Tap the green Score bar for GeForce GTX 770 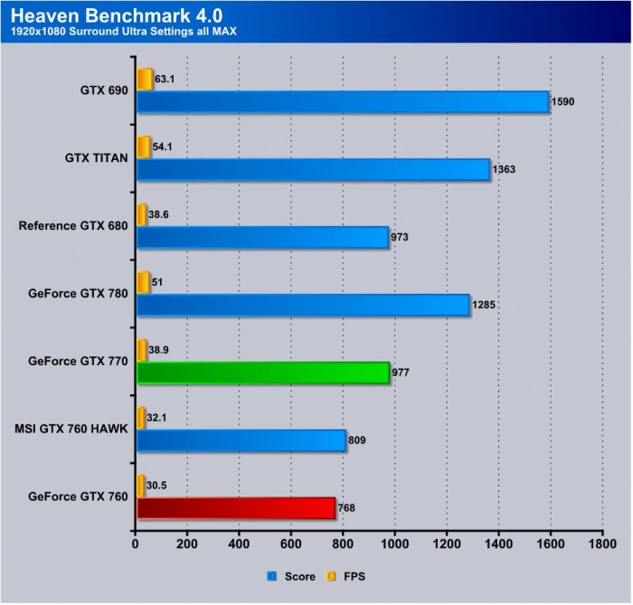coord(262,372)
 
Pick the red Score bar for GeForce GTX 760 coord(235,507)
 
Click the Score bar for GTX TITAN coord(312,169)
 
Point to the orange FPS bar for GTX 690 coord(145,79)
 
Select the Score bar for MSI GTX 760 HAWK coord(241,440)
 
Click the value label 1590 coord(563,101)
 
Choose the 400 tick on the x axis coord(240,546)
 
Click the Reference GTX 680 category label coord(73,226)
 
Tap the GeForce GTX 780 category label coord(79,293)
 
